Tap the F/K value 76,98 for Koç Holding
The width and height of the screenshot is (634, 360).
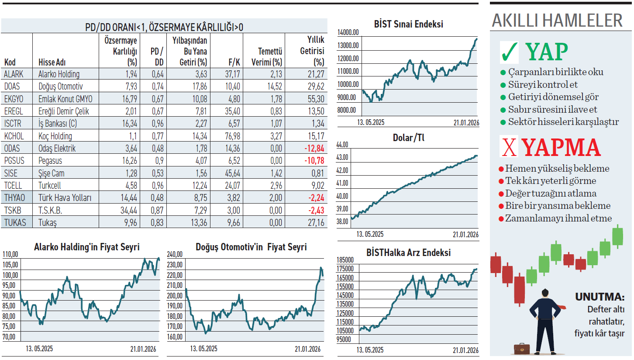(x=233, y=136)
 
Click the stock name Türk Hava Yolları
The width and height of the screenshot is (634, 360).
(x=65, y=197)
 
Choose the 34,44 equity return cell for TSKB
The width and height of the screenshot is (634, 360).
(x=128, y=210)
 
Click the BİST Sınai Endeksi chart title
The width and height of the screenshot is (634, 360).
(x=409, y=24)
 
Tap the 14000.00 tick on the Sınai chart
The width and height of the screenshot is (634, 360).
(x=348, y=32)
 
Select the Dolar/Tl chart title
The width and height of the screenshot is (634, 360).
(x=409, y=138)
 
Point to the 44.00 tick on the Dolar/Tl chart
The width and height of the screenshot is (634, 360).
(x=342, y=145)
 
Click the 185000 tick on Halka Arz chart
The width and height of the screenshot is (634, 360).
(x=345, y=260)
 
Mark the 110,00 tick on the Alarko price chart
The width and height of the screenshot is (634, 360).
(x=10, y=254)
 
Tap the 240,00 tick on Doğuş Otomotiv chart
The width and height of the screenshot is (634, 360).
(x=175, y=254)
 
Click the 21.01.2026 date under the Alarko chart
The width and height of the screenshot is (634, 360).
(x=143, y=349)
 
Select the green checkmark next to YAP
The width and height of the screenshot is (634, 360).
(x=510, y=52)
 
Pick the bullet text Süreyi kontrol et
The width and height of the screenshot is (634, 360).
(x=543, y=85)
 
